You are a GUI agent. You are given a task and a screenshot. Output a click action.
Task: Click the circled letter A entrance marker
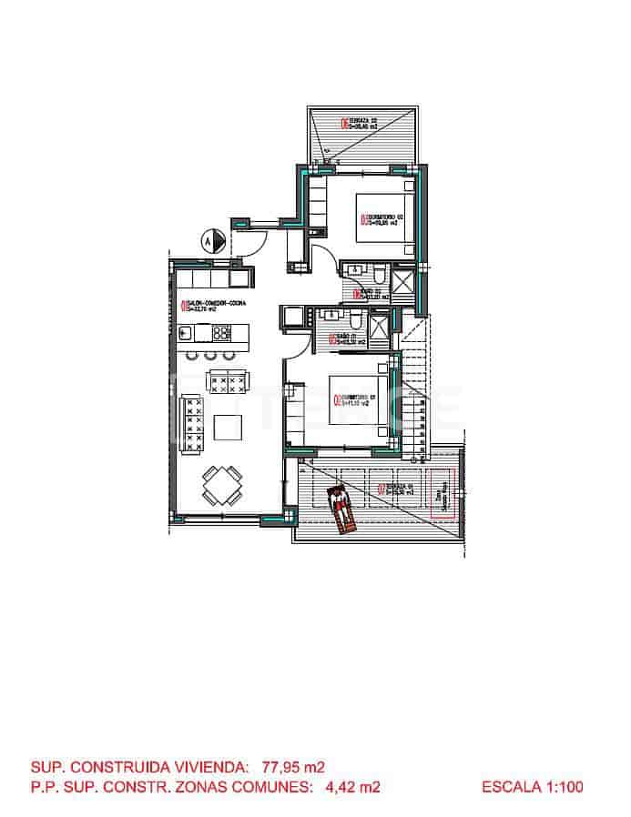tap(207, 241)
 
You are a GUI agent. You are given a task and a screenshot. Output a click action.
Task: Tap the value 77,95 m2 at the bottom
tap(293, 767)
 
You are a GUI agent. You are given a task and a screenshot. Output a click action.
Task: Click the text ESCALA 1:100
tap(532, 787)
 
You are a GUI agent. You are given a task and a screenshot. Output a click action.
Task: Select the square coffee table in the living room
tap(227, 426)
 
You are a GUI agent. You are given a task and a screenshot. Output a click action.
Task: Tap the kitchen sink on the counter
tap(186, 332)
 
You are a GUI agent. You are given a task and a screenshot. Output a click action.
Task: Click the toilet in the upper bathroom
tap(377, 274)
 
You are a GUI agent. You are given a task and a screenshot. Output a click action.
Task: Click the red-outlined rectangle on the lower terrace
tap(443, 498)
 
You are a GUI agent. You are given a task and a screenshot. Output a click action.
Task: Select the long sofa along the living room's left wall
tap(192, 424)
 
